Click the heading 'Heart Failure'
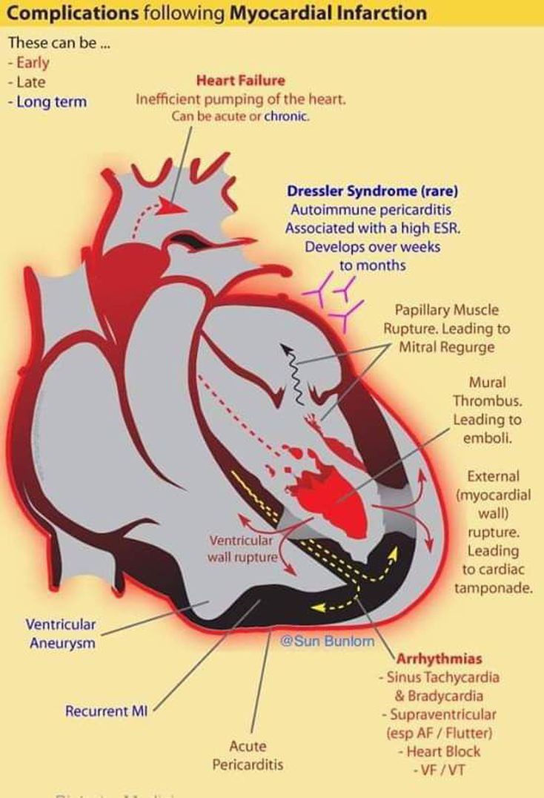pyautogui.click(x=240, y=80)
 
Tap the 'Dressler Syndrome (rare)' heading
pyautogui.click(x=372, y=191)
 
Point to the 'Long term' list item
pyautogui.click(x=51, y=102)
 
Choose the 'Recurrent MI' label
pyautogui.click(x=106, y=710)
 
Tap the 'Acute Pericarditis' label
pyautogui.click(x=248, y=755)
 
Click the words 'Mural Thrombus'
pyautogui.click(x=488, y=392)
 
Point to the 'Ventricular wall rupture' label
pyautogui.click(x=242, y=548)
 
